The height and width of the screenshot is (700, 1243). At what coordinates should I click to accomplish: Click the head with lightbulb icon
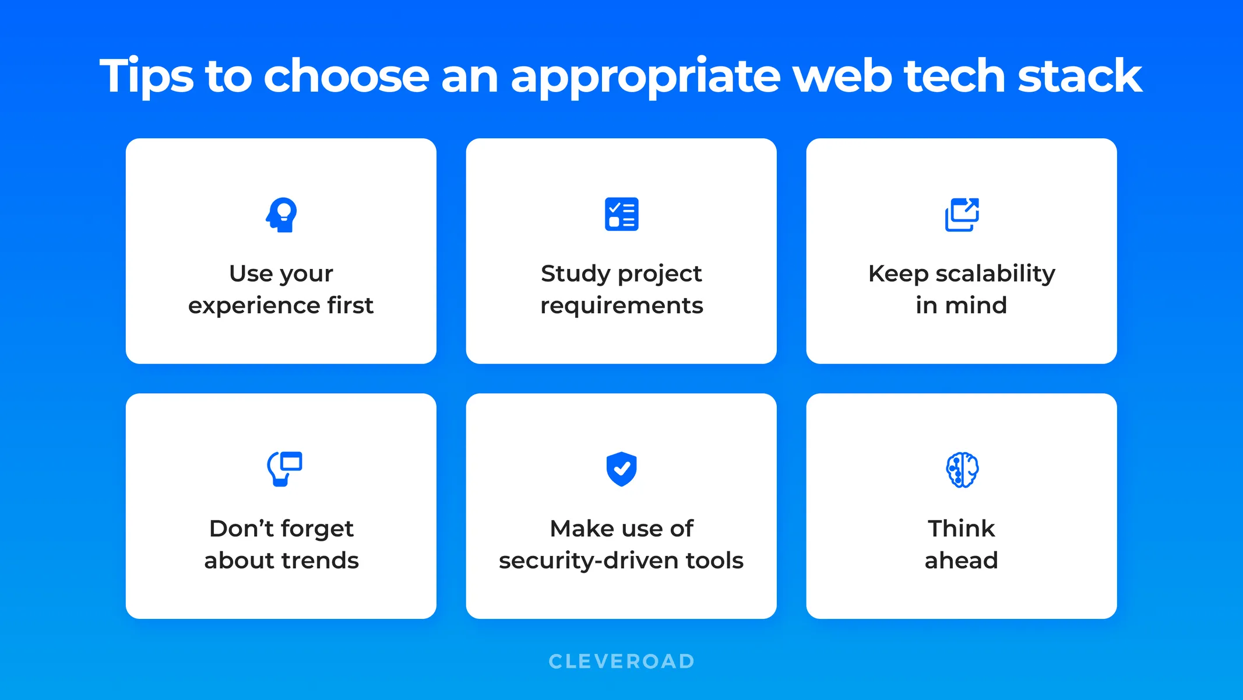[x=281, y=215]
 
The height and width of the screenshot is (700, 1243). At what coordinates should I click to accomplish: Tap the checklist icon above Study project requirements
[x=621, y=214]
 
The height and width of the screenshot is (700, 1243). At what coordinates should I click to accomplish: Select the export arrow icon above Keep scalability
[x=962, y=214]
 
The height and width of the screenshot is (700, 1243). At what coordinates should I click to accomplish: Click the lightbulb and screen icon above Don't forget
[x=284, y=468]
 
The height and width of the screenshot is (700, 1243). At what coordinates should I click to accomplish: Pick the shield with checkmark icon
[x=621, y=468]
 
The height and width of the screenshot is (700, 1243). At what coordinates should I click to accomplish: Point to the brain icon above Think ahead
[x=962, y=470]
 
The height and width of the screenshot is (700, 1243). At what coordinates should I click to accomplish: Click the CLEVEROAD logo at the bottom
[x=622, y=661]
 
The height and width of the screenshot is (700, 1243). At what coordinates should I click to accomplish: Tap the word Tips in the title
[x=146, y=76]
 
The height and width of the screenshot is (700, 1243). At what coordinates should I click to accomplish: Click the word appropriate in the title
[x=645, y=76]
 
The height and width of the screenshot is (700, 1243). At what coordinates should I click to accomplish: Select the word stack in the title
[x=1079, y=76]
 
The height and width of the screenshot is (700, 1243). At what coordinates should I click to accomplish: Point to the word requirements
[x=622, y=306]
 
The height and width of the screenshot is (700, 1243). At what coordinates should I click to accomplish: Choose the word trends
[x=321, y=561]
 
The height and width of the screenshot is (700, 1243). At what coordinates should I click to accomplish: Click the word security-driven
[x=589, y=561]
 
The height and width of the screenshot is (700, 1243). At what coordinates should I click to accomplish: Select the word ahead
[x=962, y=561]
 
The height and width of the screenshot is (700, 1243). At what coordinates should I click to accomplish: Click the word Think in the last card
[x=962, y=528]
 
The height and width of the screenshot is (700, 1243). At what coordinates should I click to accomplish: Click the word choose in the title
[x=347, y=76]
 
